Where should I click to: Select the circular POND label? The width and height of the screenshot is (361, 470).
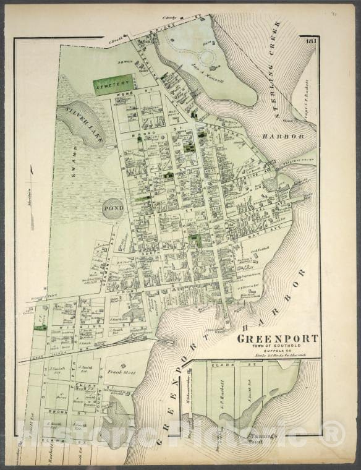tap(113, 208)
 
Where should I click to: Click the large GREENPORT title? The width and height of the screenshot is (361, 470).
tap(278, 339)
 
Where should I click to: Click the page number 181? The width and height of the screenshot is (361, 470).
tap(310, 41)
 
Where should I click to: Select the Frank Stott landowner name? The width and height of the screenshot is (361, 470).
tap(124, 373)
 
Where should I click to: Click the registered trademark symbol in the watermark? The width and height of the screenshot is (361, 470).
tap(332, 433)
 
